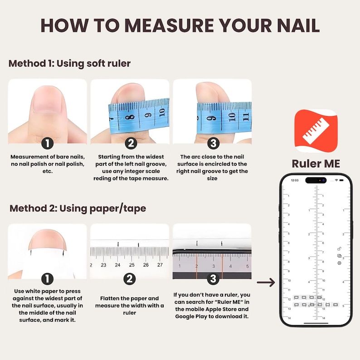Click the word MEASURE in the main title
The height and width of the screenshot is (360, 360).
click(x=169, y=25)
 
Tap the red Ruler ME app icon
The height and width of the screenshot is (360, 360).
click(x=316, y=131)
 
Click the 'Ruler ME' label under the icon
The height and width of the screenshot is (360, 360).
click(x=316, y=164)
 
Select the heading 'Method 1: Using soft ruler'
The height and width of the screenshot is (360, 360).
click(x=69, y=63)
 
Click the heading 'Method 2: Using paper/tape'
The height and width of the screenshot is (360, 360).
click(x=78, y=209)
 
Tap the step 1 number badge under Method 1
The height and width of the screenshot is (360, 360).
click(x=48, y=143)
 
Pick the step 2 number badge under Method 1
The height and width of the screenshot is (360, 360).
click(x=131, y=143)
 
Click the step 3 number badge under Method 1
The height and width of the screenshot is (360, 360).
click(x=213, y=143)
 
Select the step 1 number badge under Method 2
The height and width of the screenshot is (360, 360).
click(x=48, y=279)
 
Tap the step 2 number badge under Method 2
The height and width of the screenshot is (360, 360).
click(x=130, y=279)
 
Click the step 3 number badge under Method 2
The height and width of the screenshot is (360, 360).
click(x=213, y=279)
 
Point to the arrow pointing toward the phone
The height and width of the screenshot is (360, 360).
click(x=266, y=282)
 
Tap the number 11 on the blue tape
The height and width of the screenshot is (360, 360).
click(x=246, y=117)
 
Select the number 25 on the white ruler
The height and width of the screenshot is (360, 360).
click(x=131, y=265)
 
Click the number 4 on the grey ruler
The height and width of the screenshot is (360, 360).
click(x=230, y=266)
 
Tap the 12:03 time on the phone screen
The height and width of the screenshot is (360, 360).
click(x=295, y=180)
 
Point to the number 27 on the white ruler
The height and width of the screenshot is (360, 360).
click(x=160, y=265)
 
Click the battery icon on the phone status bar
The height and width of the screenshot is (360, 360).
click(x=341, y=180)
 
